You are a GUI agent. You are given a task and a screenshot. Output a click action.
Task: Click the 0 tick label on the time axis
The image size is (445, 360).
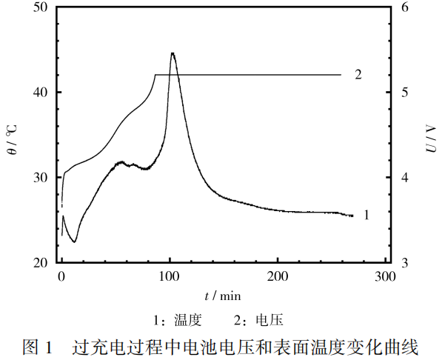pyautogui.click(x=61, y=277)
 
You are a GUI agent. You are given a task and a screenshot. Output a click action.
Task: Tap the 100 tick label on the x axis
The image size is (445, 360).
pyautogui.click(x=170, y=277)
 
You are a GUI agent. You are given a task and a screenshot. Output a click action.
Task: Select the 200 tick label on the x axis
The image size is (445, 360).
pyautogui.click(x=278, y=277)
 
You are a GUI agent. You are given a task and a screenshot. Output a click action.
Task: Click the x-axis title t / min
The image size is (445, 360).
pyautogui.click(x=223, y=296)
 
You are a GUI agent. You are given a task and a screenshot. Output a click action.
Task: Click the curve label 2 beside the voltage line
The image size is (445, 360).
pyautogui.click(x=358, y=75)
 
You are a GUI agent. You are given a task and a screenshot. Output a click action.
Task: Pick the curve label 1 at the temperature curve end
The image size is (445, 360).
pyautogui.click(x=366, y=215)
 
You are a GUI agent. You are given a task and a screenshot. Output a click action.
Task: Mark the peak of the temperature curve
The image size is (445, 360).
pyautogui.click(x=173, y=53)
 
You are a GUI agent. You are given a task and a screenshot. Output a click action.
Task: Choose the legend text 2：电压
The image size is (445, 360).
pyautogui.click(x=258, y=321)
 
